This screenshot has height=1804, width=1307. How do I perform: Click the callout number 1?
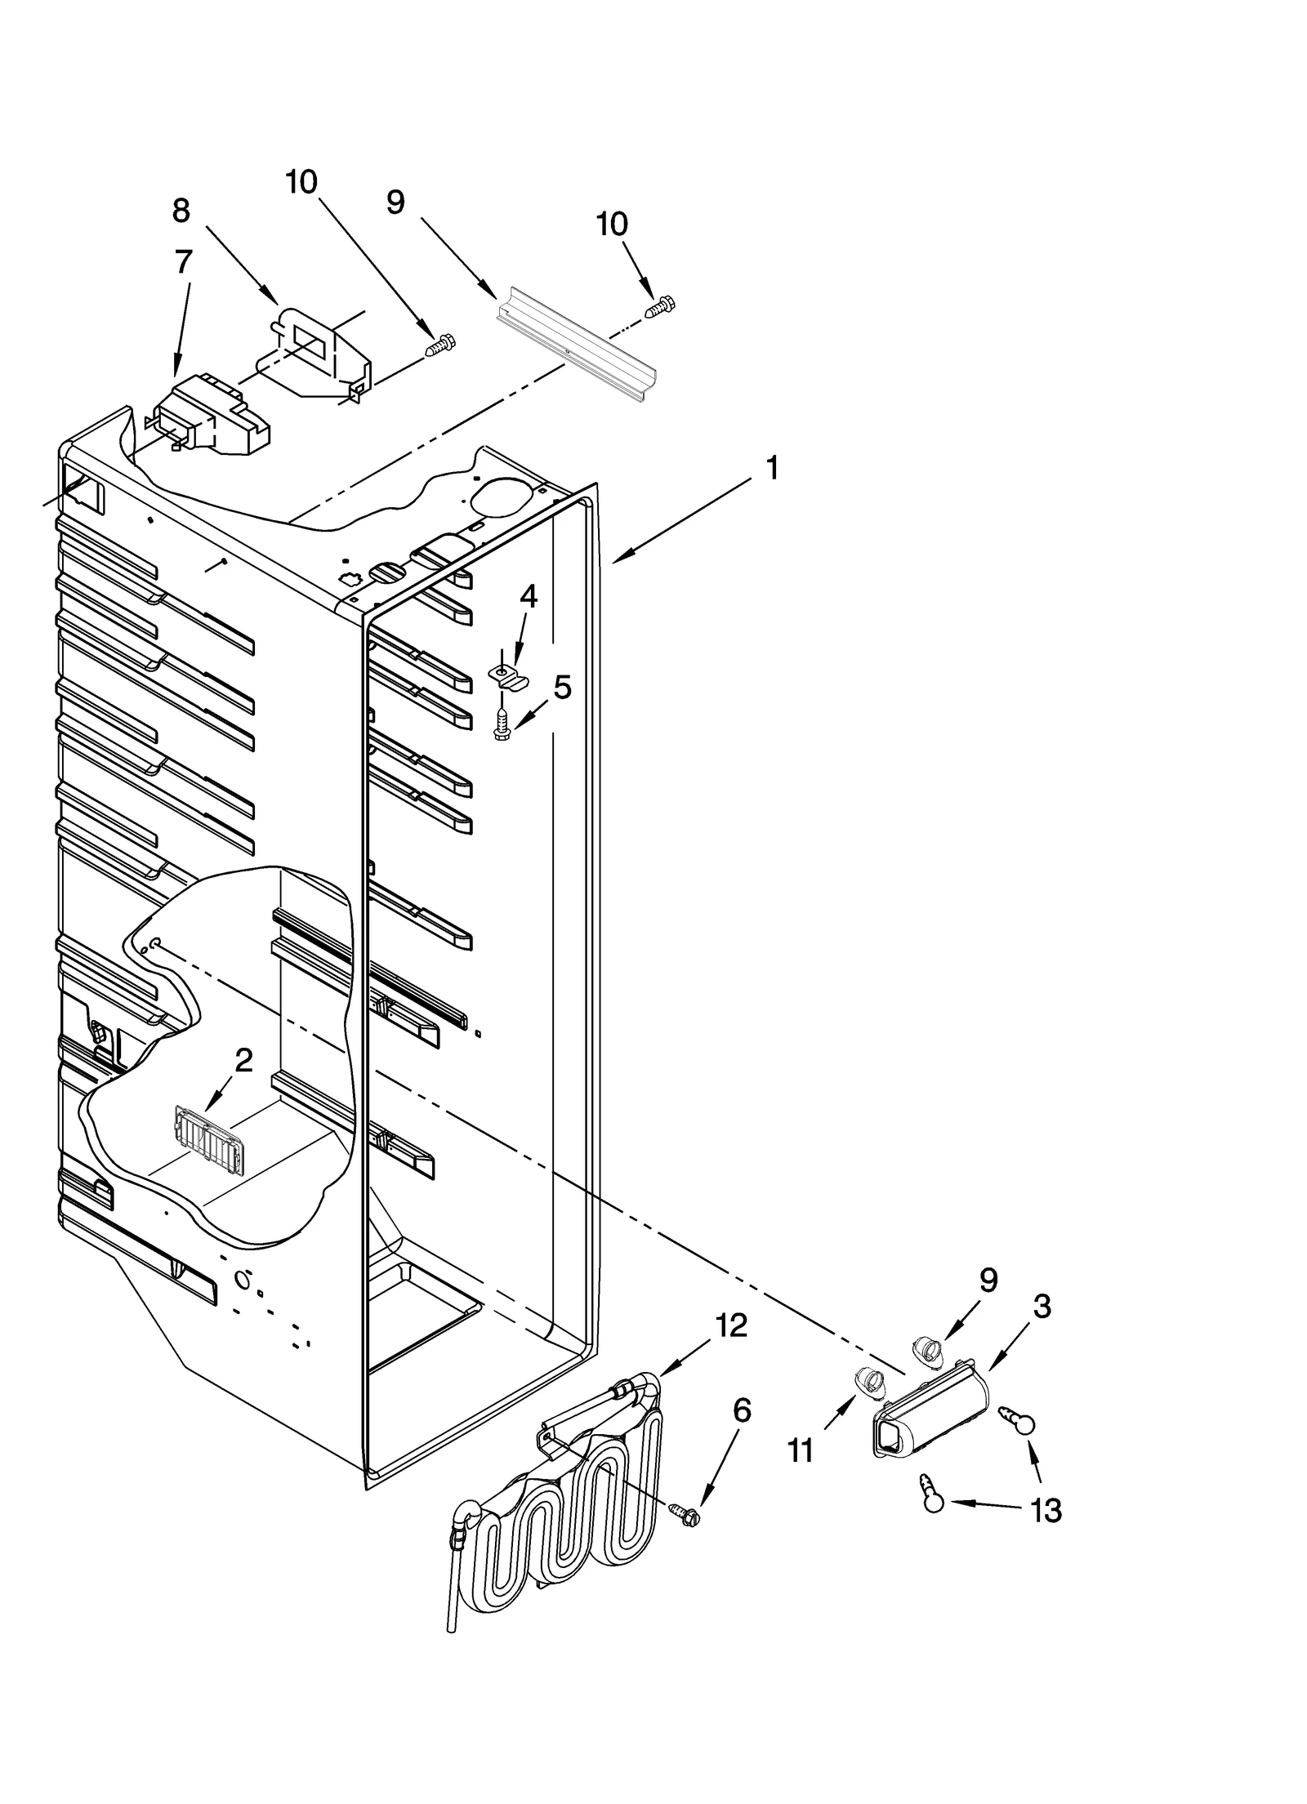771,470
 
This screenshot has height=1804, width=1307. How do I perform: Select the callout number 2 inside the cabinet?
243,1061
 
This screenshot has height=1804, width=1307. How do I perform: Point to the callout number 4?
529,597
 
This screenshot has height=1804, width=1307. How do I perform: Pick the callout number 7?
184,263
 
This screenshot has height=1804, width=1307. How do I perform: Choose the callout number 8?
181,211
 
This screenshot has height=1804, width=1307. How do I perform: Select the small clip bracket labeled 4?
506,675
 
